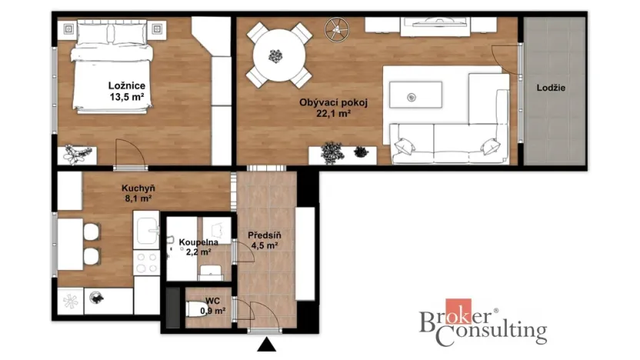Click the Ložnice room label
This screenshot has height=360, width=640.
128,86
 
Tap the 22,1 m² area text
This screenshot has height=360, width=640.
332,113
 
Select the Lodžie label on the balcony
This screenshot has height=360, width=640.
551,88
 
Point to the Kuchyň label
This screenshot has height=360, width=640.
138,187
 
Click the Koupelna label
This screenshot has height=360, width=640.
198,242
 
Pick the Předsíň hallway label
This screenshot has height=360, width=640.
263,235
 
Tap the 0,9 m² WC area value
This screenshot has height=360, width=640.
212,311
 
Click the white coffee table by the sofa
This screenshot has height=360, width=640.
415,95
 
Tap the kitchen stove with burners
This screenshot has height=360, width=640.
145,262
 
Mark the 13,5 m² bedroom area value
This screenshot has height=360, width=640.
128,98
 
